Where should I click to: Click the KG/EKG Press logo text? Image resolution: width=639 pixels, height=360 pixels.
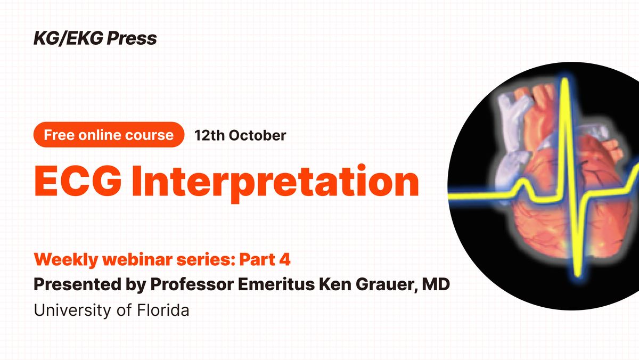[95, 38]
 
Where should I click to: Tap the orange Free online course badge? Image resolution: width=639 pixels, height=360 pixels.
[109, 135]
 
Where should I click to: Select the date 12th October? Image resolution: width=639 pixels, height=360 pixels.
[240, 135]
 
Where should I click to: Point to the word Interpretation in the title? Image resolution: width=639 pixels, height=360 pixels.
[280, 182]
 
